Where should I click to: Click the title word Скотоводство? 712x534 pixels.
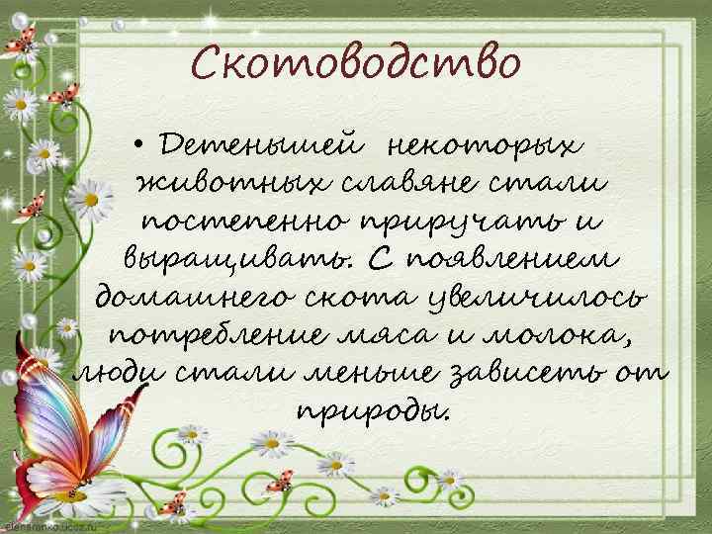[355, 64]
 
